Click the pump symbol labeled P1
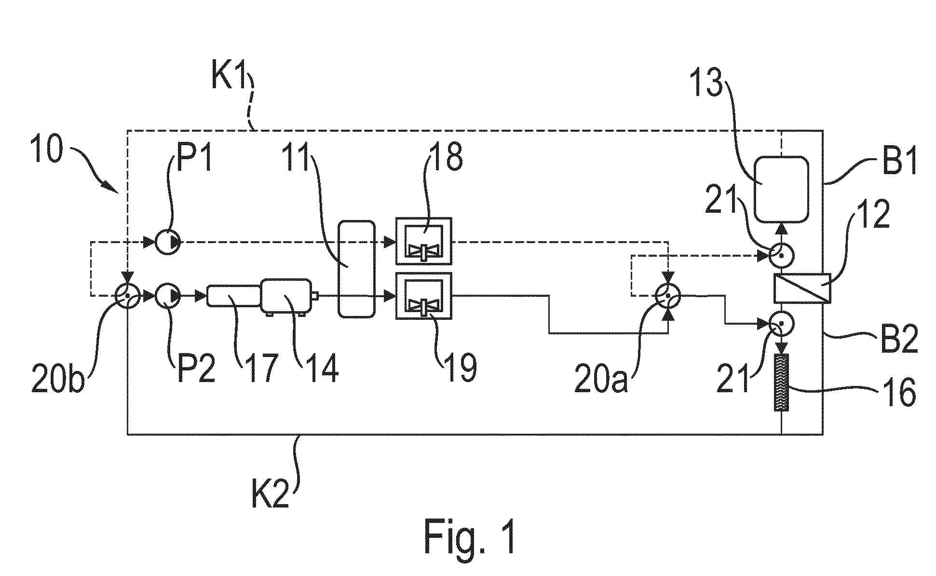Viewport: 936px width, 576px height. (x=167, y=242)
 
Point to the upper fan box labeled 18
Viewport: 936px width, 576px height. (x=424, y=241)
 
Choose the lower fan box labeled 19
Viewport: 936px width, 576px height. (x=424, y=295)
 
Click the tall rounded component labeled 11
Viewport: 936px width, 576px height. (x=356, y=269)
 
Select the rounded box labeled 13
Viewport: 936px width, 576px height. (x=781, y=190)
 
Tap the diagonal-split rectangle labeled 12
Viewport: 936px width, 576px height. (x=802, y=288)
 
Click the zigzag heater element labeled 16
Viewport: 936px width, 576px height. (x=781, y=383)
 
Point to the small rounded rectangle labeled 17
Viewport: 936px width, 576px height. (x=234, y=295)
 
